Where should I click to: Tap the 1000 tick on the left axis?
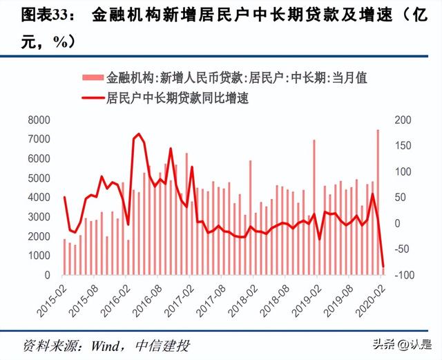point(41,256)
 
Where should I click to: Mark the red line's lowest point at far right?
point(383,266)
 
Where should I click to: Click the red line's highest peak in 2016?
point(139,134)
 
